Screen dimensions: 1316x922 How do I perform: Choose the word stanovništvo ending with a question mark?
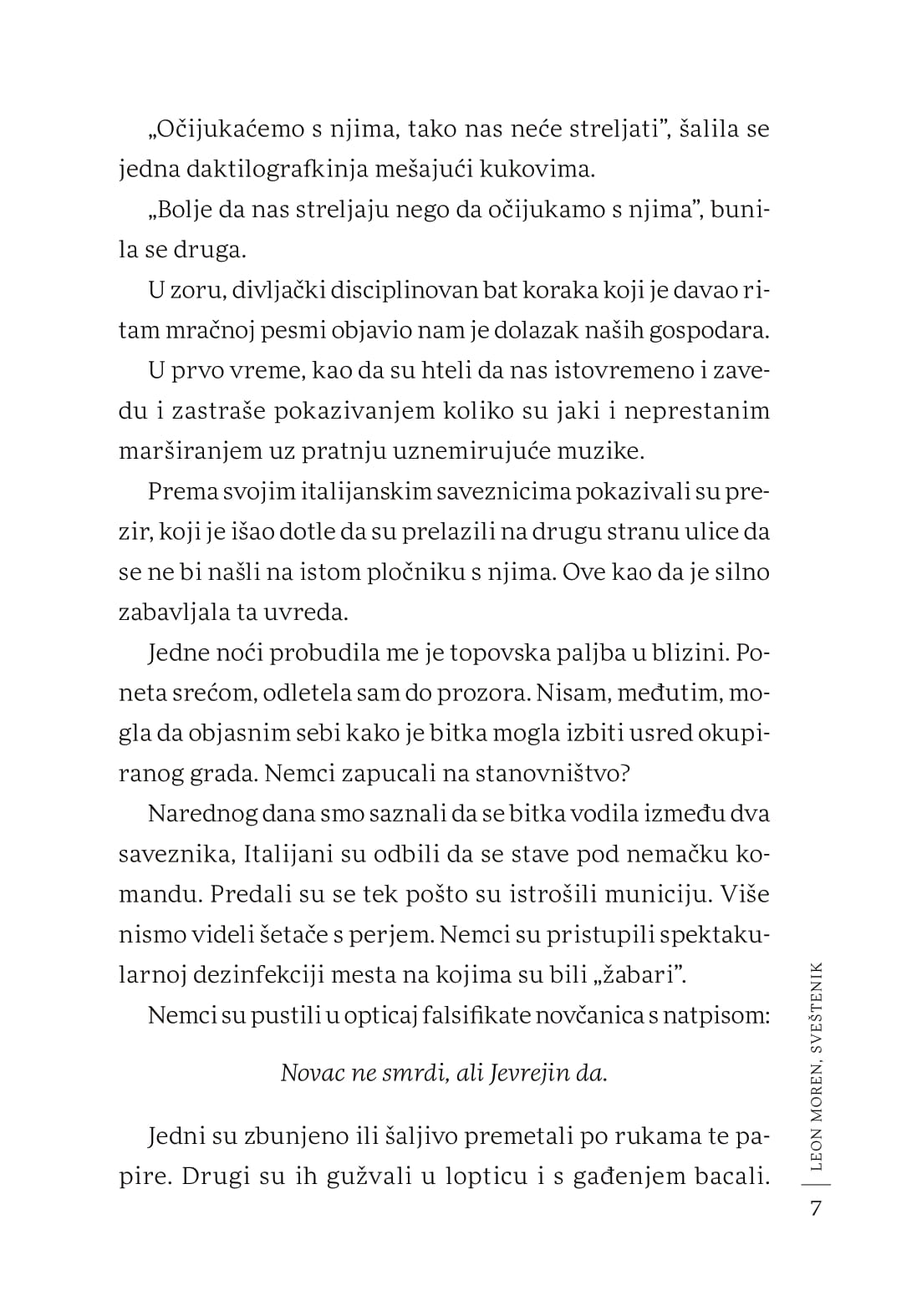(x=551, y=773)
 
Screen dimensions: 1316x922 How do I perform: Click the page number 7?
(x=817, y=1209)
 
